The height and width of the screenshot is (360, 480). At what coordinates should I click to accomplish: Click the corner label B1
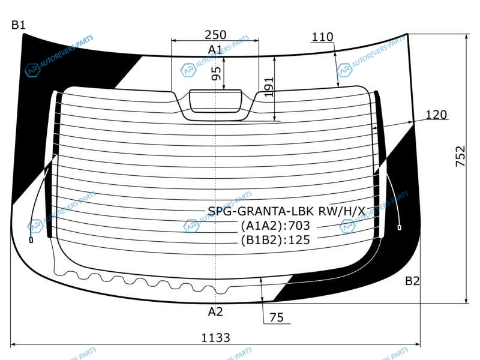19,25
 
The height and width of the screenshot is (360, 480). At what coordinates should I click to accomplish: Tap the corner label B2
412,281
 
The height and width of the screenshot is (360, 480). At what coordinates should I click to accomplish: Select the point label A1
215,49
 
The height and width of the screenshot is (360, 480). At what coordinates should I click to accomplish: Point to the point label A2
215,311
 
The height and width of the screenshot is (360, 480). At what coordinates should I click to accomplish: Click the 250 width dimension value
215,35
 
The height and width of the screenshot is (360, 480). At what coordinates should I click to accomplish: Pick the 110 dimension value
322,37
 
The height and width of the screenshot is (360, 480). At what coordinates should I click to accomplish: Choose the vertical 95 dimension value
216,73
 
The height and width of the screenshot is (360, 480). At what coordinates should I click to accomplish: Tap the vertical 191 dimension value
268,87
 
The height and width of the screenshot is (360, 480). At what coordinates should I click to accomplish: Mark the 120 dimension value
436,115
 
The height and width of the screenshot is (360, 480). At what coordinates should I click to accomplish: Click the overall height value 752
460,157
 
